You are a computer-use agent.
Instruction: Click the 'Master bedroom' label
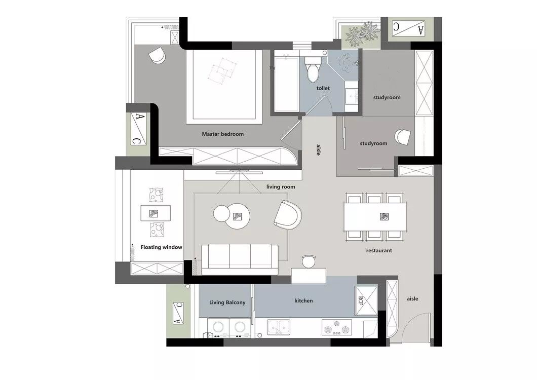pos(222,134)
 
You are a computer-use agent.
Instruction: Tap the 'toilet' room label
pos(323,88)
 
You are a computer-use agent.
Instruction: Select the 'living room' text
pos(281,187)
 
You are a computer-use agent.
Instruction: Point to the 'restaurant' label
pos(379,250)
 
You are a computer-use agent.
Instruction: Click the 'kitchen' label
pos(303,300)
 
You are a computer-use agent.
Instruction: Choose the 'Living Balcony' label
pos(227,302)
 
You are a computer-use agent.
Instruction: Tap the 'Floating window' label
pos(161,247)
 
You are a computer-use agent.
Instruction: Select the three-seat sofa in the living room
pos(240,259)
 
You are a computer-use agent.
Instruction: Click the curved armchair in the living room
pos(288,215)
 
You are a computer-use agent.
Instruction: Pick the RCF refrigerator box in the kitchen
pos(366,300)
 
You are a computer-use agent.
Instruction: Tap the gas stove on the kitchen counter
pos(337,327)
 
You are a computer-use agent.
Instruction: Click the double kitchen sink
pos(279,327)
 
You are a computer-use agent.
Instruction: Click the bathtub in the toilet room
pos(286,84)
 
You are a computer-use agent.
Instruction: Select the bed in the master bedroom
pos(224,87)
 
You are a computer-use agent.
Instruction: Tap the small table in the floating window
pos(156,213)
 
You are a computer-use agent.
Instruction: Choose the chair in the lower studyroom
pos(402,137)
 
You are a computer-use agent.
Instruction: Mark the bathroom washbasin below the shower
pos(352,96)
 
